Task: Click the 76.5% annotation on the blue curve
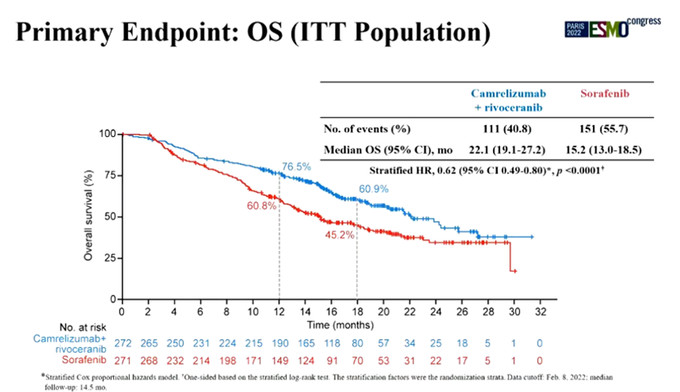(x=296, y=168)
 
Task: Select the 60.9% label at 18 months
(x=376, y=189)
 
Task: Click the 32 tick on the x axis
(x=539, y=312)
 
